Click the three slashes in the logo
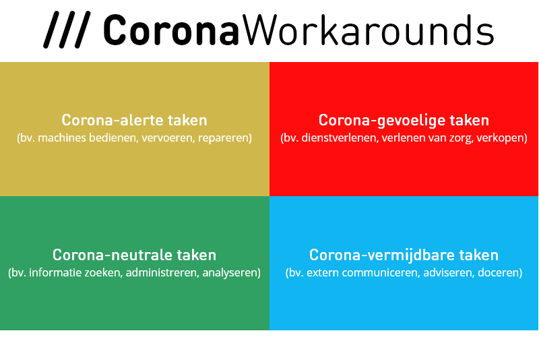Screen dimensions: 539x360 67,30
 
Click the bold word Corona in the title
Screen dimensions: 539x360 171,30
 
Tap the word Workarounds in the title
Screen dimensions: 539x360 368,30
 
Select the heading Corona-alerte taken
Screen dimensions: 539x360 134,120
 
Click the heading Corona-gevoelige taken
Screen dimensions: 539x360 404,121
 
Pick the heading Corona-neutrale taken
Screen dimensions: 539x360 134,255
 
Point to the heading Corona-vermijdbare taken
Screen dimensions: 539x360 404,255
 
